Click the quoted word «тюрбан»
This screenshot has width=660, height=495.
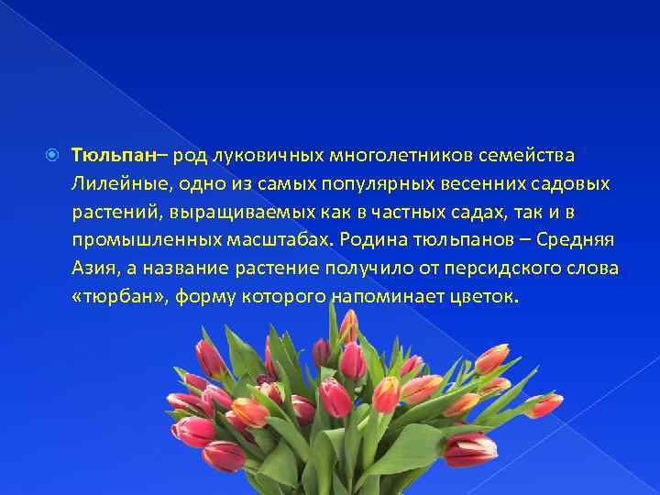(115, 297)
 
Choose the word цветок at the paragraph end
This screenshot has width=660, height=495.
(490, 297)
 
